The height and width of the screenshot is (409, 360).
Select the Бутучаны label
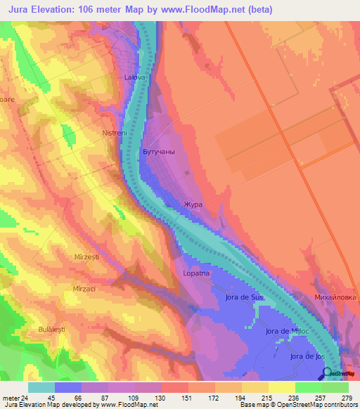(158, 152)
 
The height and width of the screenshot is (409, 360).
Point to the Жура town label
(193, 205)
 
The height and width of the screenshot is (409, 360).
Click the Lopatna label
(196, 272)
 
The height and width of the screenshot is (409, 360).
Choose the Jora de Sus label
(245, 297)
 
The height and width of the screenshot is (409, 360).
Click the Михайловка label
(335, 297)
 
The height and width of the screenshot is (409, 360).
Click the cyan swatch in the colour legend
(41, 387)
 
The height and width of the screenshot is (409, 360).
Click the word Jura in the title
(23, 9)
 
